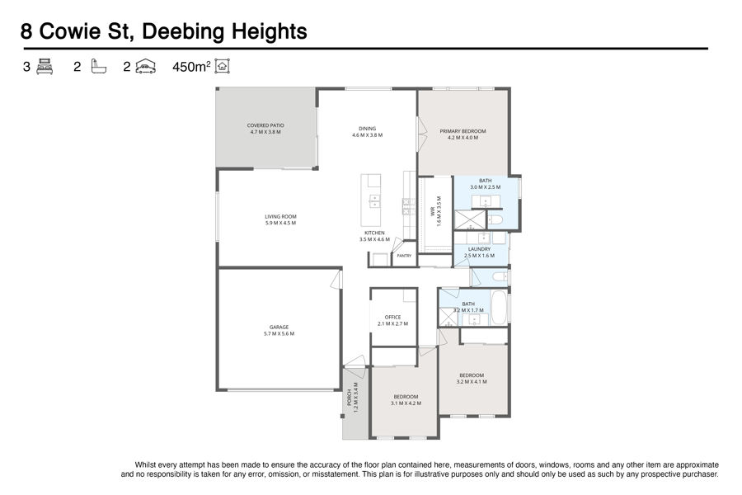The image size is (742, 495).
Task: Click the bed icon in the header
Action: tap(45, 66)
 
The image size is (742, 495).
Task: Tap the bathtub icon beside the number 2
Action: tap(98, 66)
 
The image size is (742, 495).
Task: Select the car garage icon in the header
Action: tap(146, 66)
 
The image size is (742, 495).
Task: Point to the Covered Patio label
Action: tap(265, 129)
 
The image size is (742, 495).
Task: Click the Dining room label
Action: tap(367, 132)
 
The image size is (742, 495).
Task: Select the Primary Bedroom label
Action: tap(463, 134)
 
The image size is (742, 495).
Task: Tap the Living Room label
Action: tap(280, 219)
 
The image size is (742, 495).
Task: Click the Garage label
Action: tap(279, 330)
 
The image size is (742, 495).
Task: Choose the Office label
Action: tap(392, 321)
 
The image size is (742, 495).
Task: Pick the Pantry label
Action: tap(404, 256)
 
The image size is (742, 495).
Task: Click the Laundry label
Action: tap(479, 252)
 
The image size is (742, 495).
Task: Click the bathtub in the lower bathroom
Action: tap(499, 307)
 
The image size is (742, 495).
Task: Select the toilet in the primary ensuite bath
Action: tap(495, 219)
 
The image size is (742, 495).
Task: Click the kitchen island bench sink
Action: tap(374, 201)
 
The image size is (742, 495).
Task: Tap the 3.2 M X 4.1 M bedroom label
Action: tap(472, 379)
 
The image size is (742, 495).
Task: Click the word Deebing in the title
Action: tap(182, 32)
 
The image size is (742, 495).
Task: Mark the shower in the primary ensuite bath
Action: tap(470, 220)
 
